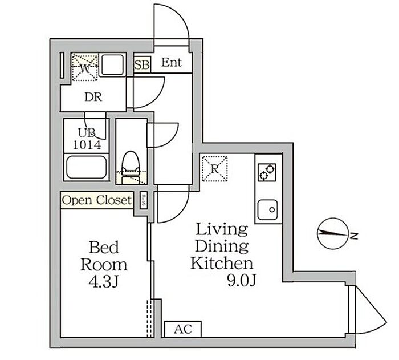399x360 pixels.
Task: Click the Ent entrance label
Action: tap(171, 63)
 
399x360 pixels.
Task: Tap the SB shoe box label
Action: tap(142, 64)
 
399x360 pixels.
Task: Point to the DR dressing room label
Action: tap(93, 97)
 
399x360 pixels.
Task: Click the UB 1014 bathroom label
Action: tap(89, 139)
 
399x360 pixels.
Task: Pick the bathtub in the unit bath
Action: tap(87, 168)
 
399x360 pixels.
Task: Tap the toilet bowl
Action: tap(131, 163)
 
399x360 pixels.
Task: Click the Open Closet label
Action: tap(96, 200)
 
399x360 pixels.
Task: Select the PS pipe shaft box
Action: tap(144, 201)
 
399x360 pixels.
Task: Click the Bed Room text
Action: tap(103, 256)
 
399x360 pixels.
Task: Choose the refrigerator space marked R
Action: tap(215, 168)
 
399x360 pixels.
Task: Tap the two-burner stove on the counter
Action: tap(267, 171)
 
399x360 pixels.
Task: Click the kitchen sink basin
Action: tap(267, 209)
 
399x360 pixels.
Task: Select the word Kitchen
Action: tap(221, 264)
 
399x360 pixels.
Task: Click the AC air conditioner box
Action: tap(182, 329)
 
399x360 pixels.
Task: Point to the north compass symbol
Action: tap(332, 233)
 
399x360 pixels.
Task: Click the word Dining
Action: tap(222, 246)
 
